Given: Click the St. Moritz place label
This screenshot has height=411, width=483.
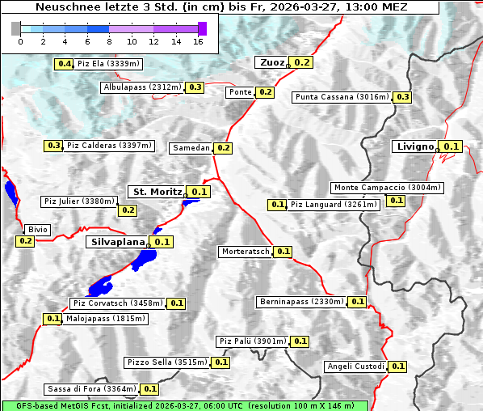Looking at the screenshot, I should point(157,192).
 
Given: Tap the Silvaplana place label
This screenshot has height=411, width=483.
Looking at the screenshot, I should point(117,242).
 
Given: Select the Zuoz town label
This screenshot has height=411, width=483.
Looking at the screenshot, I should point(271,62).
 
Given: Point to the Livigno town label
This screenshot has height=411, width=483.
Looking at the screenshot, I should point(415,146).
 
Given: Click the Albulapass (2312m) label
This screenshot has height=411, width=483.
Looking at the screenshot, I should point(142,87).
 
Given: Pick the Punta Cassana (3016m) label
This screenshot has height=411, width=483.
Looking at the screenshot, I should point(342,97).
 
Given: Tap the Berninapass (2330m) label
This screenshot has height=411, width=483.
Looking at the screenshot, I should point(301,302).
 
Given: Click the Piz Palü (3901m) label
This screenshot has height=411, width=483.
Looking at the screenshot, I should point(252,341).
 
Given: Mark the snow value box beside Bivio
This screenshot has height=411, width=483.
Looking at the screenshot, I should point(25,241).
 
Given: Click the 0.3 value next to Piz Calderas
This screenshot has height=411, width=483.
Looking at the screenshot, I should point(54,146).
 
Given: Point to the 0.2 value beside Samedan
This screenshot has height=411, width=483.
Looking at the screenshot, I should point(224,148).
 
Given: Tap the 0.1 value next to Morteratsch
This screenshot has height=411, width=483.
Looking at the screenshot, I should point(283,252).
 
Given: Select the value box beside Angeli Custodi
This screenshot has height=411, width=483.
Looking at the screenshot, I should point(397,367).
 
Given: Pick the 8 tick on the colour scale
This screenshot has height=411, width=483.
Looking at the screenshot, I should point(109,41).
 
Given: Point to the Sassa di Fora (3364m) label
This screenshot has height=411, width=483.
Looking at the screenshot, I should point(91,389).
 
